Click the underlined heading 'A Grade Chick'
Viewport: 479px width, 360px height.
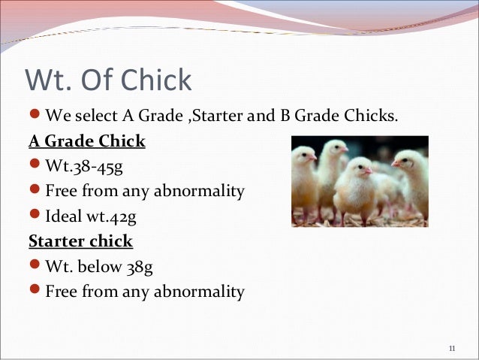click(x=86, y=141)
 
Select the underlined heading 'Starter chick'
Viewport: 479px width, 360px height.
click(x=80, y=241)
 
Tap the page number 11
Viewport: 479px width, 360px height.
click(x=451, y=348)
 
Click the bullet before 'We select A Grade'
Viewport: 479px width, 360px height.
click(x=35, y=116)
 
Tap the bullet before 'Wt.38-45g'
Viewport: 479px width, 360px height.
click(x=35, y=166)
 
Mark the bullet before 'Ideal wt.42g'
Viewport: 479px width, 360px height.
click(x=35, y=216)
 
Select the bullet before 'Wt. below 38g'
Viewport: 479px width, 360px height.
click(x=35, y=267)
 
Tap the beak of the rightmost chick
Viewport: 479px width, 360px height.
click(x=396, y=164)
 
